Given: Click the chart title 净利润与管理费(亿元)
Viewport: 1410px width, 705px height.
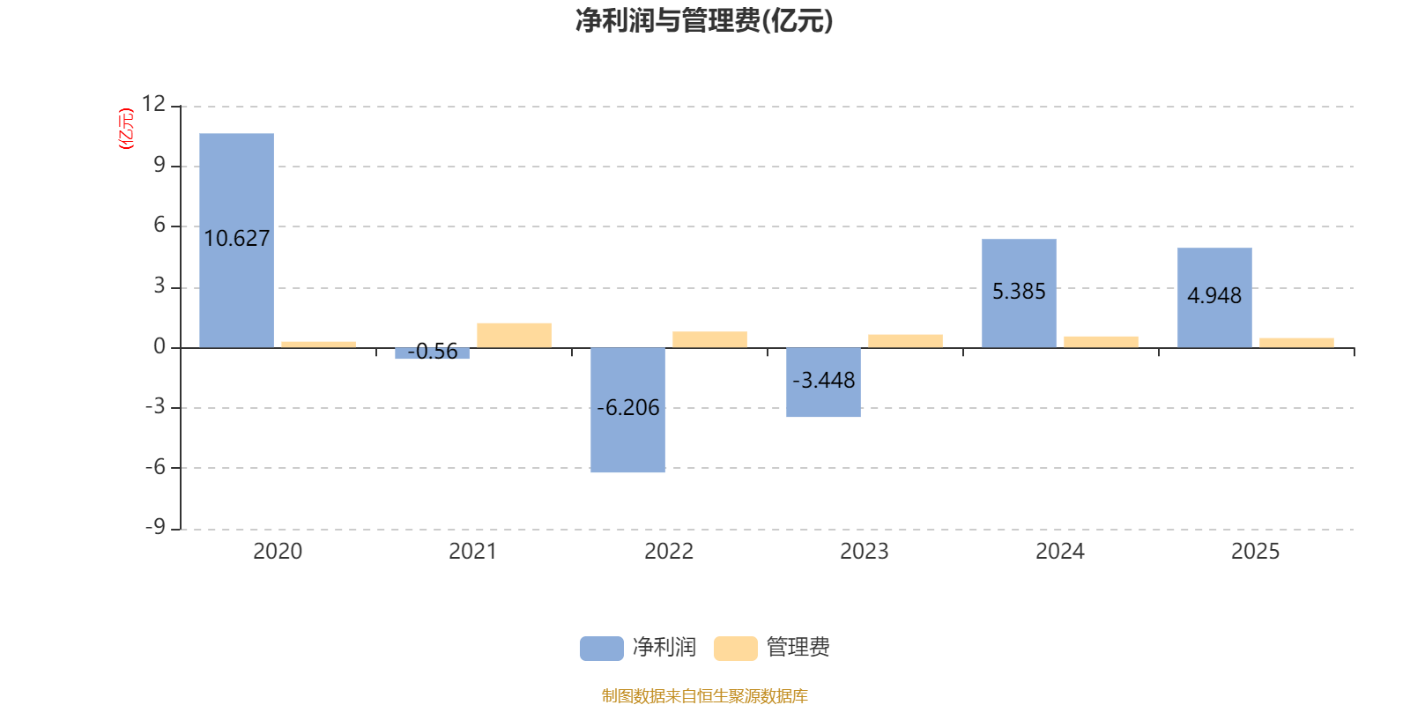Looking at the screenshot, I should [x=703, y=20].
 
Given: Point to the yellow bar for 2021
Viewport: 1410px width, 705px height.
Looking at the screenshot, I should [x=514, y=335].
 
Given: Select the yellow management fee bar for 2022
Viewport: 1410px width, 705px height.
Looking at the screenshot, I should [x=709, y=339].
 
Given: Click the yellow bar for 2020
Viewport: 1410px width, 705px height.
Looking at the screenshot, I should [x=318, y=344].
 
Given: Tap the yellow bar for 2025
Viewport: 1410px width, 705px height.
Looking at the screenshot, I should [x=1296, y=342].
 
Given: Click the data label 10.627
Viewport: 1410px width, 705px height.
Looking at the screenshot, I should [x=236, y=239].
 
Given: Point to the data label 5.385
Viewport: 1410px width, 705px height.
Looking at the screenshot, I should [x=1019, y=292].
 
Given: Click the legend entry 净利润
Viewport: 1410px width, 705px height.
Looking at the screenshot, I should [x=639, y=648].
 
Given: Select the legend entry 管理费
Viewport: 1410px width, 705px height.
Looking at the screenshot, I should [x=773, y=648].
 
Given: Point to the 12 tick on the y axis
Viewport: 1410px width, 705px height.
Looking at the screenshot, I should [x=153, y=104].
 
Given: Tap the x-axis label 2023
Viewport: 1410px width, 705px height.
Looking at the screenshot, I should [x=864, y=552].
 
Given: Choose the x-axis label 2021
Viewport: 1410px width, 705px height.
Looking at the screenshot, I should [x=472, y=552].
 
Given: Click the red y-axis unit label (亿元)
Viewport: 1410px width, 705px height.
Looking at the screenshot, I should [x=126, y=129].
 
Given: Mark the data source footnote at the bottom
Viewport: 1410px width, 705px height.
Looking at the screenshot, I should [x=703, y=696].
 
